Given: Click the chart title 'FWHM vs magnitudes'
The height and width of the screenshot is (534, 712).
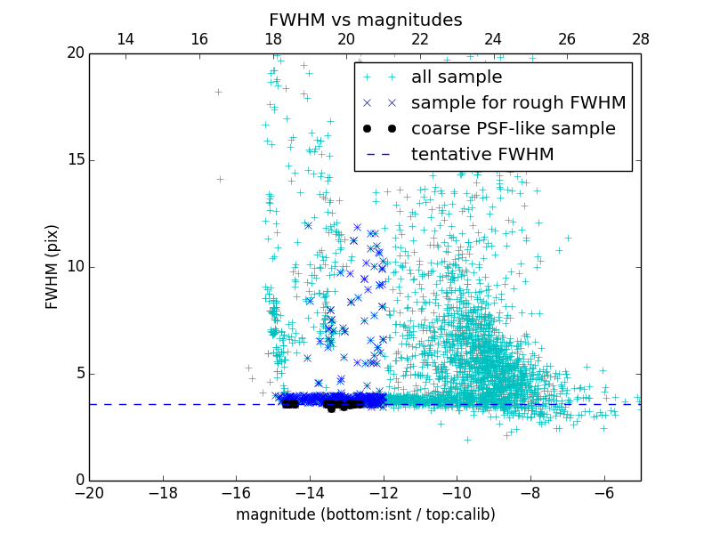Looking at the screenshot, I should [365, 20].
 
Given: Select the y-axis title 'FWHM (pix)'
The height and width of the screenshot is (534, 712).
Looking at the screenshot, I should [53, 266].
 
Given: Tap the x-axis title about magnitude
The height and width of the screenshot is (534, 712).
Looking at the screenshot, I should [365, 514].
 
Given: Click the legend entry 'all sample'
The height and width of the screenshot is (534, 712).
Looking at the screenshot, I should [456, 77].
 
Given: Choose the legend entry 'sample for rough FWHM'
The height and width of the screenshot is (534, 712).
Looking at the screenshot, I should [518, 103].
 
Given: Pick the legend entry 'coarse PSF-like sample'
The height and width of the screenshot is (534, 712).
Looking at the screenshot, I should [513, 129].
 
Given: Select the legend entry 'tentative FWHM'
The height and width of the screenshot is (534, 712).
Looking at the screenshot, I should [481, 155].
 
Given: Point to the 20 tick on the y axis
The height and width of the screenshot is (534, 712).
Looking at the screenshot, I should [74, 53].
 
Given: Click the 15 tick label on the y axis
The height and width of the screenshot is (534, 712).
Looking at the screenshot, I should [74, 160].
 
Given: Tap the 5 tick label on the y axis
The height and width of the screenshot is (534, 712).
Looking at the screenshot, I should [78, 374].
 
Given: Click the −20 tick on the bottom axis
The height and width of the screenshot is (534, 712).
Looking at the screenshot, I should [89, 492].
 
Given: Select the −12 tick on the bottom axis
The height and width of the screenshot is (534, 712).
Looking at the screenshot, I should [384, 492].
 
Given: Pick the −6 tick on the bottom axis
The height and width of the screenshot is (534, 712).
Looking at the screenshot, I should [604, 492].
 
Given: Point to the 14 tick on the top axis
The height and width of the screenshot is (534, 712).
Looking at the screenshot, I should [125, 39].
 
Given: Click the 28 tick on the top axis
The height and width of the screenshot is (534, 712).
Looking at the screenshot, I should [641, 39].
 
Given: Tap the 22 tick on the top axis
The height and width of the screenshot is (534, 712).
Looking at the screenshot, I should [420, 39].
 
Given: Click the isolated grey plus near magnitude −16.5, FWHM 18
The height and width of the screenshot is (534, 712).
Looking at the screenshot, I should [218, 92].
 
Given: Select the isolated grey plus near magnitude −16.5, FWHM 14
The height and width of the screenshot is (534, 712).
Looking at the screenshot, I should [220, 179].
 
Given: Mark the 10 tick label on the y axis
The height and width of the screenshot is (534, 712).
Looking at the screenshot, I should [74, 267].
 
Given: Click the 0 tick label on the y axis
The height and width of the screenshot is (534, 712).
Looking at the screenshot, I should [78, 481].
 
